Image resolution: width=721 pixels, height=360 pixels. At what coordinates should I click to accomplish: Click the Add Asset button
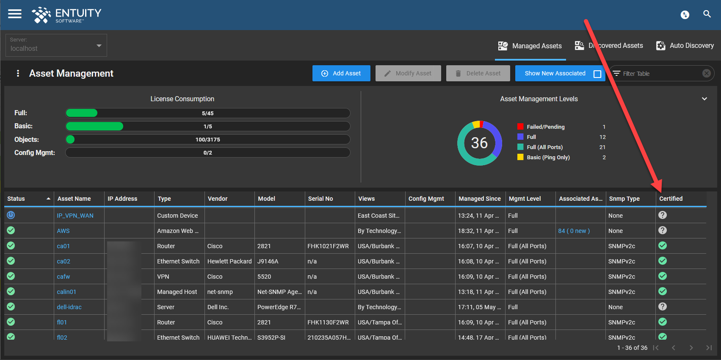pos(341,73)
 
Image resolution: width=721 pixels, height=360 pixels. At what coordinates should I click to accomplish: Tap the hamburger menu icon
pos(15,14)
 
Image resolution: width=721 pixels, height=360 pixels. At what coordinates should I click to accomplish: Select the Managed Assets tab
pos(530,46)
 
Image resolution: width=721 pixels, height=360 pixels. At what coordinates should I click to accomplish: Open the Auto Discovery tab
pos(685,46)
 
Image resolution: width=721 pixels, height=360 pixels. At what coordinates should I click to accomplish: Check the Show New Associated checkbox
pos(597,74)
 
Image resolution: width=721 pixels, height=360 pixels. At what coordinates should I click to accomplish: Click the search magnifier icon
pos(707,14)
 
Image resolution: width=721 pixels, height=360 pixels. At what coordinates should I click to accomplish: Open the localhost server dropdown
pos(56,45)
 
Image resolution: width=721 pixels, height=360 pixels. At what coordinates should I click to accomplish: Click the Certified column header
pos(671,199)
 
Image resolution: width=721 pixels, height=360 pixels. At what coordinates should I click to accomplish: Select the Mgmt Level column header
pos(525,199)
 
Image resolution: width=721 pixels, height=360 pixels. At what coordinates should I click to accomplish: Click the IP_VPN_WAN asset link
pos(75,216)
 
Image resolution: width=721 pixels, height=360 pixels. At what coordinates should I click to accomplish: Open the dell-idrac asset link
pos(69,307)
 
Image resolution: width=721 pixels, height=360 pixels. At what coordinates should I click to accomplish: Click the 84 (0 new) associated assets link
pos(574,231)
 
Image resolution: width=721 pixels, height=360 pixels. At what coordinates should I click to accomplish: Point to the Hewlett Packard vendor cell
pos(229,261)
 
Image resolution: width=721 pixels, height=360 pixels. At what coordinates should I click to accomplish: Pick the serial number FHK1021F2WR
pos(328,246)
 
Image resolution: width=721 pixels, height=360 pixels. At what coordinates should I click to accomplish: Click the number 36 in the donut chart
pos(479,143)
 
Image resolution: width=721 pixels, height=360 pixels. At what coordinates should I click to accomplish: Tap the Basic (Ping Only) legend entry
pos(548,158)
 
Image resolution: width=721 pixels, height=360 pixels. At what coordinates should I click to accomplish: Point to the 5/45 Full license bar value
pos(207,113)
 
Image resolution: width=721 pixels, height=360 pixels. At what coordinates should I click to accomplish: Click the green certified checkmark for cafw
pos(663,276)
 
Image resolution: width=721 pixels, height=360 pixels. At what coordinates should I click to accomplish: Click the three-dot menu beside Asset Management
pos(18,73)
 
